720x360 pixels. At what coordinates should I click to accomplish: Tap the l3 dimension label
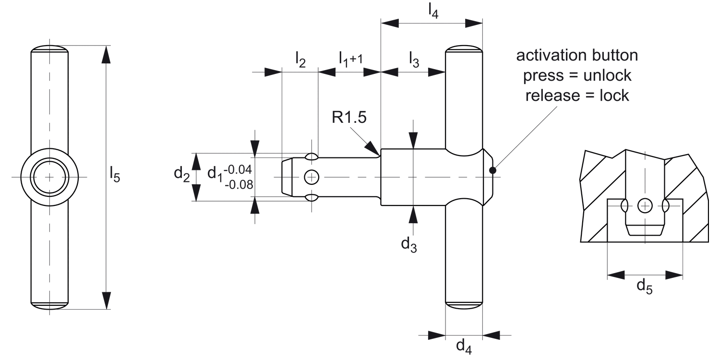point(414,59)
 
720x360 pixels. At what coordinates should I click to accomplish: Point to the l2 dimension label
point(300,59)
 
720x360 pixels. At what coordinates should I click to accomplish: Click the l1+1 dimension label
point(348,59)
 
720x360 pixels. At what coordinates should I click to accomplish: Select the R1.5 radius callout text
point(349,117)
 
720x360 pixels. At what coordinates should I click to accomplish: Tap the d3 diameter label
point(408,244)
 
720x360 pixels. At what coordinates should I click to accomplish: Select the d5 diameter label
point(644,286)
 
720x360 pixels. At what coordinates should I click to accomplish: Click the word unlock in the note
point(606,75)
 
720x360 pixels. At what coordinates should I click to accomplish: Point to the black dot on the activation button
point(492,169)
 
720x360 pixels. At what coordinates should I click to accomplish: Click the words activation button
point(577,55)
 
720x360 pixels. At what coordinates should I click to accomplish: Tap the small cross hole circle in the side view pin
point(312,177)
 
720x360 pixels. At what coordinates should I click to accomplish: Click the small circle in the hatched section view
point(645,206)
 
